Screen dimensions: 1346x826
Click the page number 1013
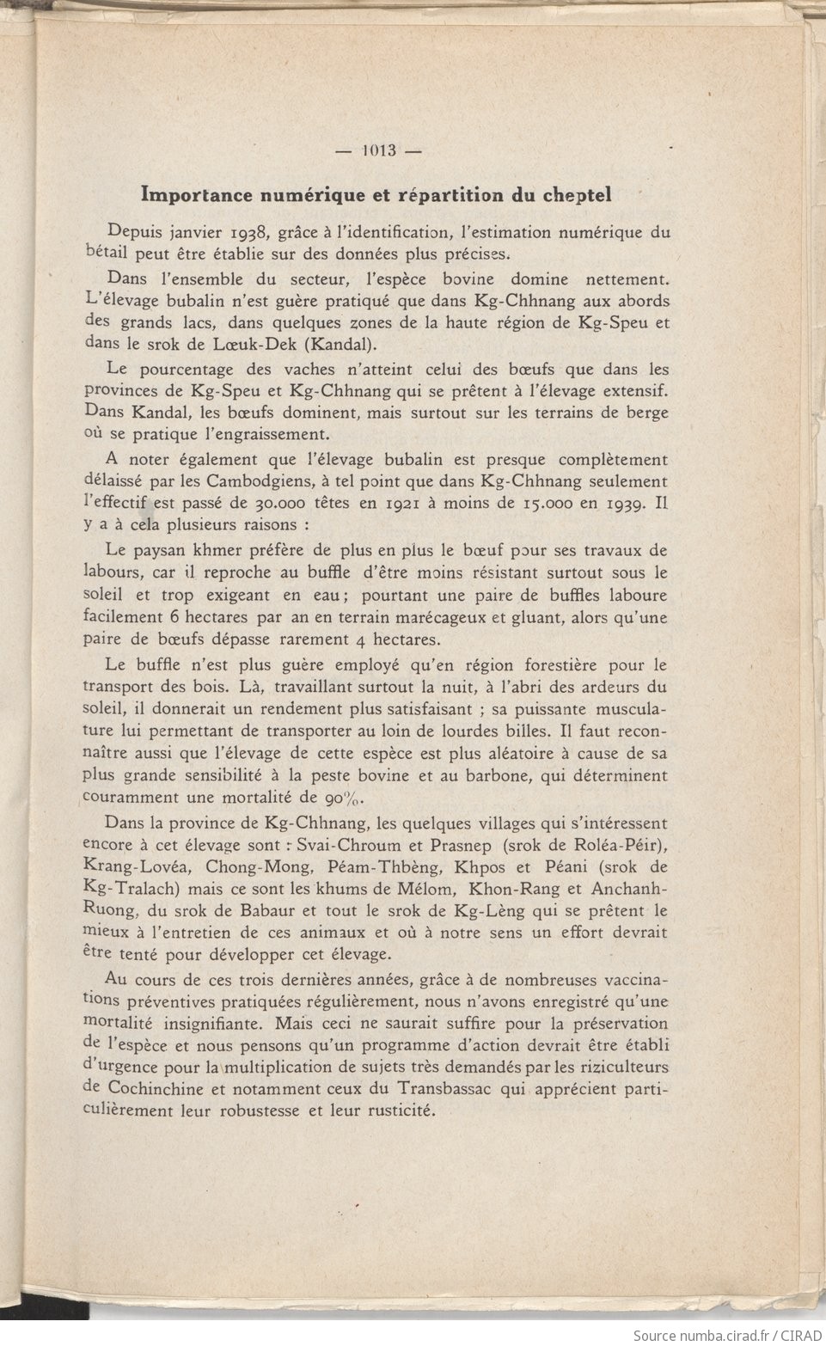click(x=378, y=150)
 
